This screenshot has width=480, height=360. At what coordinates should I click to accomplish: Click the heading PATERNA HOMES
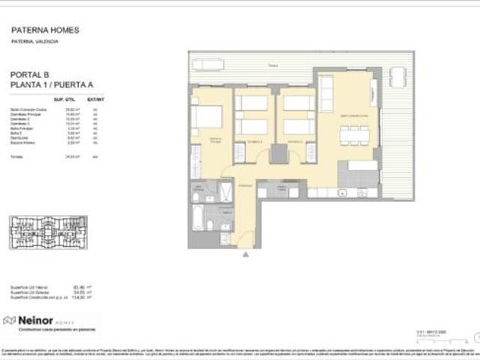(45, 30)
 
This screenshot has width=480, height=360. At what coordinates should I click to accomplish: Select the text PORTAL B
(30, 75)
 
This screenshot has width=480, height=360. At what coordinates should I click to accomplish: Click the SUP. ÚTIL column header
(64, 98)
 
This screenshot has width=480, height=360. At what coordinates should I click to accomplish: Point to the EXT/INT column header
(94, 98)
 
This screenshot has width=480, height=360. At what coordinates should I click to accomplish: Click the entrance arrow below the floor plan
(244, 255)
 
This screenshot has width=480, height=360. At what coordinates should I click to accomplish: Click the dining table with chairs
(355, 135)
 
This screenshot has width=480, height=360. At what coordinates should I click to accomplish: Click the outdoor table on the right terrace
(397, 76)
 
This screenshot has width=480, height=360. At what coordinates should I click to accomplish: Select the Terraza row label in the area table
(16, 156)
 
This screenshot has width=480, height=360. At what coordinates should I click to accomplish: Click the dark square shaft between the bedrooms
(279, 153)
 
